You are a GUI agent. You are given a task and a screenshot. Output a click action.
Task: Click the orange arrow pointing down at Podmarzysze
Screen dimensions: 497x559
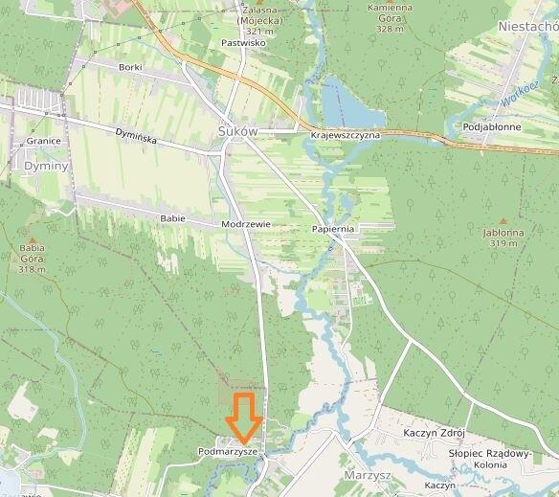point(245,418)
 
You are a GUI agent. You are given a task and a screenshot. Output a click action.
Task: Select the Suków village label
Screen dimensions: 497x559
point(239,132)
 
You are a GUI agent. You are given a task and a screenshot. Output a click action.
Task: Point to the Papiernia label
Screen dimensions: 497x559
point(334,230)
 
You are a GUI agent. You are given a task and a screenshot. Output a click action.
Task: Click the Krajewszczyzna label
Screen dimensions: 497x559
point(346,136)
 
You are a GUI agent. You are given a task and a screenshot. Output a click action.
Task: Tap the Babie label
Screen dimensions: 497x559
point(172,218)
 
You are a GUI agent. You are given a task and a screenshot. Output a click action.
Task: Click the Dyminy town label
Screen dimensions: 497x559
point(46,166)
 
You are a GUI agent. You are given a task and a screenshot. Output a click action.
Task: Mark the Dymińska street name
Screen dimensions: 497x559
point(135,137)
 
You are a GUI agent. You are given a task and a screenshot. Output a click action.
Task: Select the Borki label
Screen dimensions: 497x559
point(130,67)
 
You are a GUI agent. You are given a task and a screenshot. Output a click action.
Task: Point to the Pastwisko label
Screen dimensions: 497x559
point(242,43)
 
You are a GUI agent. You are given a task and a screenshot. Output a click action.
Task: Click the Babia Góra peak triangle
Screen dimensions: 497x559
point(32,241)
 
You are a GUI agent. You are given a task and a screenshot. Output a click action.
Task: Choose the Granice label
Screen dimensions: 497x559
point(44,141)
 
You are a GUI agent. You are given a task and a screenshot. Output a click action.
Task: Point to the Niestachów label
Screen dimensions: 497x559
point(527,27)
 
